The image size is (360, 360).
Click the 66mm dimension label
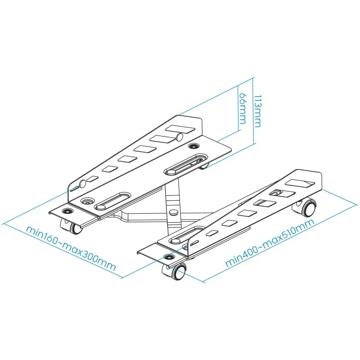243,108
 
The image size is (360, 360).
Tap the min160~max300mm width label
71,248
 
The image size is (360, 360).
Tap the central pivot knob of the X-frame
173,211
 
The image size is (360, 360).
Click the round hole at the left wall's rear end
180,137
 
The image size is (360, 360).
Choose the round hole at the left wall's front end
83,184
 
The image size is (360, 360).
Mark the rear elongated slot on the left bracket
186,163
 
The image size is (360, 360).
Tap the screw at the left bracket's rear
193,145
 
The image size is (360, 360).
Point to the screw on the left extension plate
67,210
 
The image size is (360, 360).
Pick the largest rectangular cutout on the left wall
180,129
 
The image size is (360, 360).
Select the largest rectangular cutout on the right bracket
299,183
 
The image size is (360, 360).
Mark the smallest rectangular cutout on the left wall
93,178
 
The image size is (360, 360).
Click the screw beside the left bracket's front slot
87,201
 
